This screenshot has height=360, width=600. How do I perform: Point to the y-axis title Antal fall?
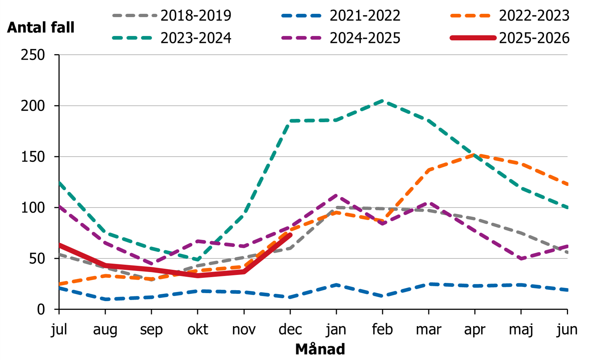point(41,28)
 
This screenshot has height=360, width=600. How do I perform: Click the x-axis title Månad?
point(320,349)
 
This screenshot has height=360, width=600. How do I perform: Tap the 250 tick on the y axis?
point(33,55)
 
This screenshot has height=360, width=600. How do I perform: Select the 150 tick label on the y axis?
point(33,157)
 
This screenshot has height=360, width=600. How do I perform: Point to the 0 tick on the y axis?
point(41,309)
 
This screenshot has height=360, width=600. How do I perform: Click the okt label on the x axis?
point(197,329)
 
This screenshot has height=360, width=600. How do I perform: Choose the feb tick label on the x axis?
point(383,329)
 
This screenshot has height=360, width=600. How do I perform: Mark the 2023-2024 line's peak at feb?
point(383,101)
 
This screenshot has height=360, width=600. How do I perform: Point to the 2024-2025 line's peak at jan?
point(336,195)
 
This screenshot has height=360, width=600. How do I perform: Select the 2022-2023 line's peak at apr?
point(475,155)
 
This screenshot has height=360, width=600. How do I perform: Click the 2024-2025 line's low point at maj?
point(521,259)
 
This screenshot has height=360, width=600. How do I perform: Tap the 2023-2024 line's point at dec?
point(290,121)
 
